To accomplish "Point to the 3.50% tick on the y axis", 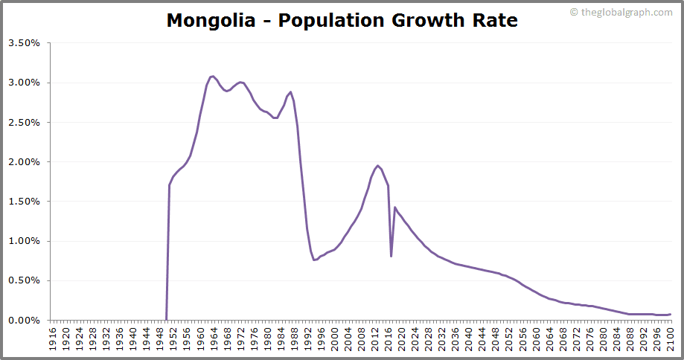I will (x=24, y=43).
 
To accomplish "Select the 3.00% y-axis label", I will (x=24, y=83).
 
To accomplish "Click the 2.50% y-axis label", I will (x=24, y=122).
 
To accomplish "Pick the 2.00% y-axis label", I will (x=24, y=161).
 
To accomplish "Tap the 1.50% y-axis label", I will (x=24, y=202).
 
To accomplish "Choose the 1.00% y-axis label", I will (x=24, y=241).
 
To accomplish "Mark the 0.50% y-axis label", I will (x=24, y=280).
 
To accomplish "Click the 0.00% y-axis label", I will (x=24, y=320).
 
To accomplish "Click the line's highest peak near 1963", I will (x=212, y=76).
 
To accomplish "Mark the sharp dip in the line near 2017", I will (x=391, y=256).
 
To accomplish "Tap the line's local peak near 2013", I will (x=378, y=165).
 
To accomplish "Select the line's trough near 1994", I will (x=314, y=260).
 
